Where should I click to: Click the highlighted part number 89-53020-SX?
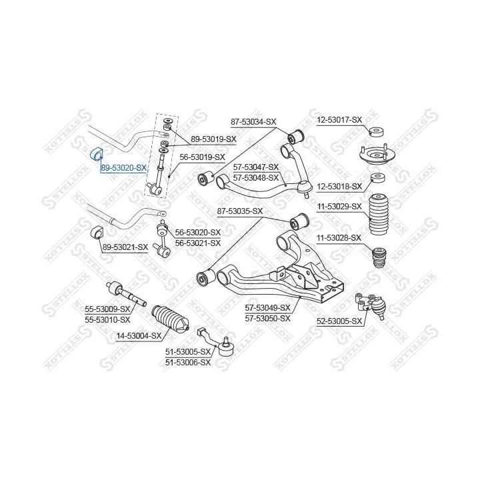click(123, 169)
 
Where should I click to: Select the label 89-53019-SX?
click(213, 139)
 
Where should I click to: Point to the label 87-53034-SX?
click(253, 122)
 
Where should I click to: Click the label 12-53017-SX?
click(339, 120)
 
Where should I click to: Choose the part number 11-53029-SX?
click(339, 207)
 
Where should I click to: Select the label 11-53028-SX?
click(339, 237)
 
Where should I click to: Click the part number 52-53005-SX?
click(339, 321)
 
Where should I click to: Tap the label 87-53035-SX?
click(241, 211)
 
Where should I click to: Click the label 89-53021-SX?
click(125, 247)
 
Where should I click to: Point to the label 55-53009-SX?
click(106, 309)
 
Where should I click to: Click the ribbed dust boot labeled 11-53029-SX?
click(379, 213)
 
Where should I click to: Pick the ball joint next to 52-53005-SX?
click(376, 305)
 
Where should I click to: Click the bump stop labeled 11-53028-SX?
click(378, 257)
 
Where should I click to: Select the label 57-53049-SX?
click(267, 308)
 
